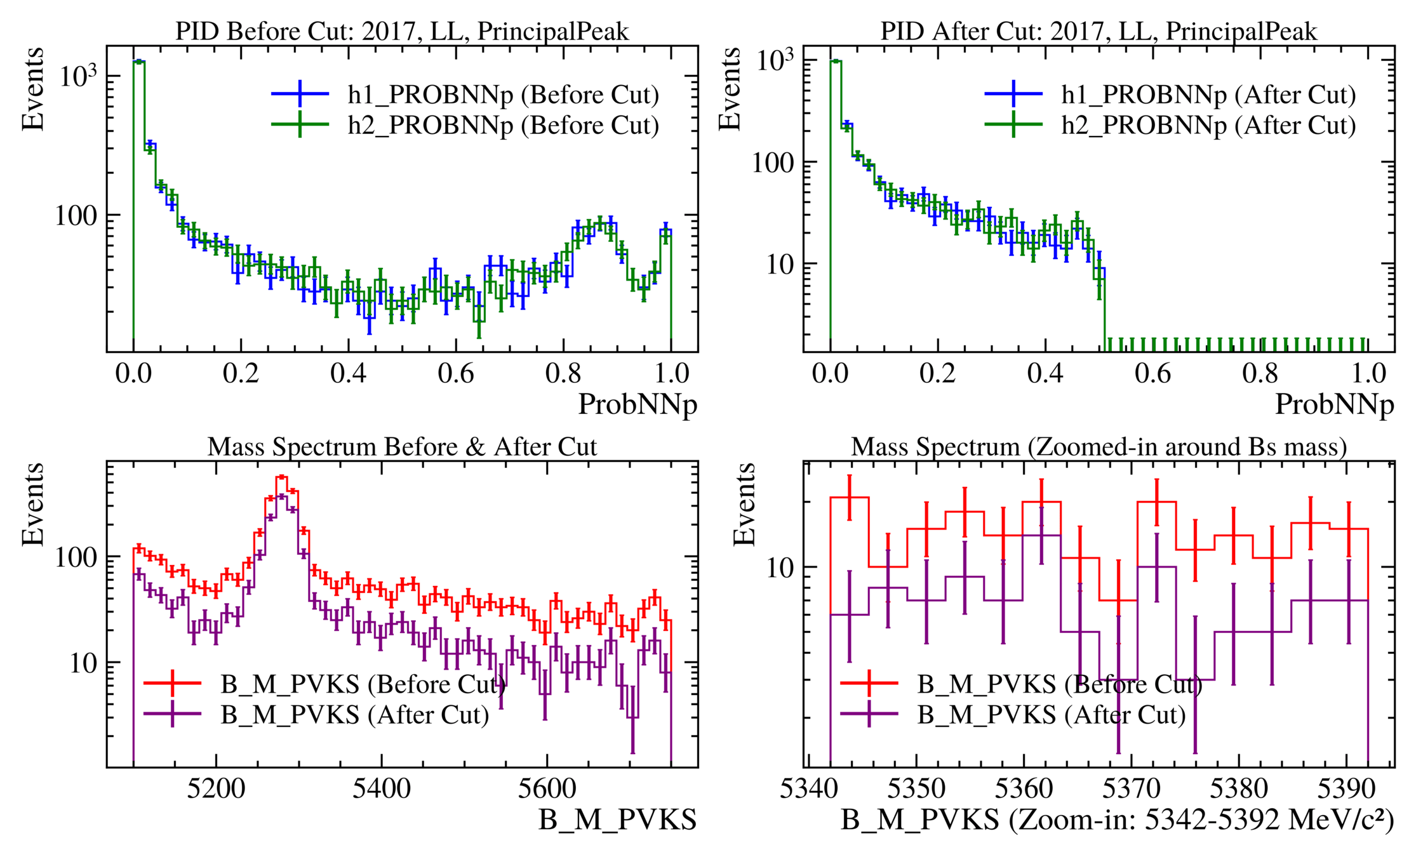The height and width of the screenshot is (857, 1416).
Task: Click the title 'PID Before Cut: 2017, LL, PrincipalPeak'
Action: point(402,31)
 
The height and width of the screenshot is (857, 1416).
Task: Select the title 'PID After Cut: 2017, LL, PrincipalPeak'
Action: point(1099,31)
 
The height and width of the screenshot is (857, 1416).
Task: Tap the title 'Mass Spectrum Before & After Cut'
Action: point(402,447)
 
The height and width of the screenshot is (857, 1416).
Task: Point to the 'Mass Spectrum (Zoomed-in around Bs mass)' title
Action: point(1099,447)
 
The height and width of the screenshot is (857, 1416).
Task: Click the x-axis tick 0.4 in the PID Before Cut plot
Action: point(349,373)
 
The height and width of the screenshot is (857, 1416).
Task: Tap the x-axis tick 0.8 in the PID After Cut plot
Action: point(1260,373)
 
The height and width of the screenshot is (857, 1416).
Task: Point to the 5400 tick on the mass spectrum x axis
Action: point(382,789)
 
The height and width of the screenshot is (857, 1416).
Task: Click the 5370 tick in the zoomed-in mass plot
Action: point(1131,789)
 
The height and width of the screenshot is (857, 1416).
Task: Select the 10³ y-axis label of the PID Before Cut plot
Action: point(77,76)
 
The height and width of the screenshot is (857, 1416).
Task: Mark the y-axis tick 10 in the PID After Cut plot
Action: point(780,264)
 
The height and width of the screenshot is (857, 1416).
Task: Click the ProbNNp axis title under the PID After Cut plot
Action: point(1334,404)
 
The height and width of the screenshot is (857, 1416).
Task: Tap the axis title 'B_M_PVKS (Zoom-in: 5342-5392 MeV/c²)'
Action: point(1118,820)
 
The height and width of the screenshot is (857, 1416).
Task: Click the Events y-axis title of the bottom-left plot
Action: point(33,505)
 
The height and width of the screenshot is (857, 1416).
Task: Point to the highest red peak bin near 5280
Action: point(282,477)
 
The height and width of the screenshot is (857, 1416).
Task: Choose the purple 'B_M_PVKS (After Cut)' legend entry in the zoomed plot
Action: point(1051,715)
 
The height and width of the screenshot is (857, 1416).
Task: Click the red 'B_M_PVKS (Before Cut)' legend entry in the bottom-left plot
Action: point(363,684)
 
